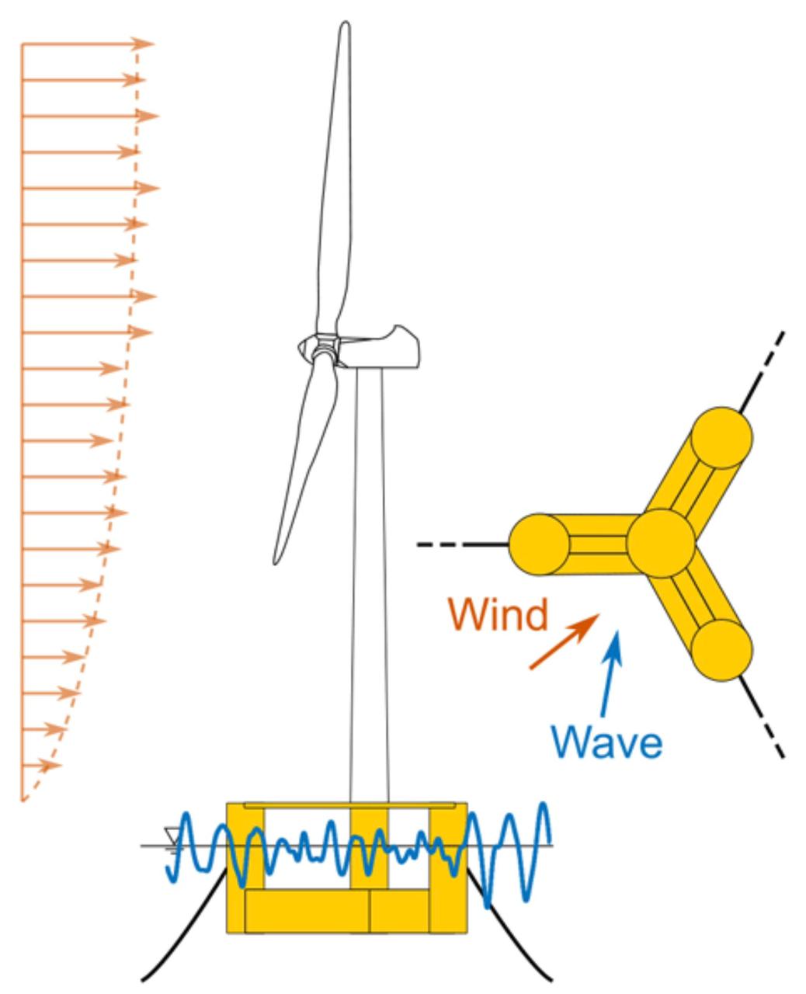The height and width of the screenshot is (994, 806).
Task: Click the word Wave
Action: tap(608, 742)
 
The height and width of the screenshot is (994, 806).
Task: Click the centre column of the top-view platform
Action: tap(660, 542)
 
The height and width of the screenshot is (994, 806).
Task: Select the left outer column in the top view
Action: tap(539, 544)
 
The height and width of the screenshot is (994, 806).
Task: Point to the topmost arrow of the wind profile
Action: tap(85, 43)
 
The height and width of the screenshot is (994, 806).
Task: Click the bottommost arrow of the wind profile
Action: tap(40, 766)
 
